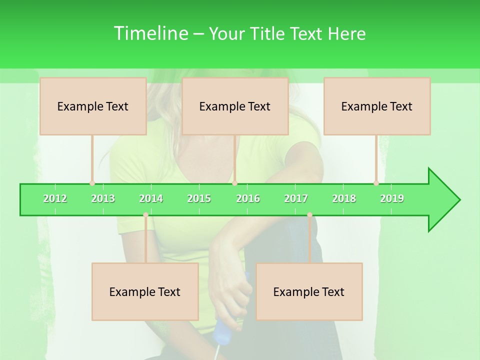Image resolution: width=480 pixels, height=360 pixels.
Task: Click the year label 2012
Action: pos(55,198)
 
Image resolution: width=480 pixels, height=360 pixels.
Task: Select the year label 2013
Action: pos(103,198)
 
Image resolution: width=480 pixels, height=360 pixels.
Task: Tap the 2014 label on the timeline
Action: pos(151,198)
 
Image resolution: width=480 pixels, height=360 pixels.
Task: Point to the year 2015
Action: pos(199,198)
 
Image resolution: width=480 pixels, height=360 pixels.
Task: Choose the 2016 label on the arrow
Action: pos(248,198)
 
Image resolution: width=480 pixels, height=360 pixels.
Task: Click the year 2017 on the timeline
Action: pos(296,198)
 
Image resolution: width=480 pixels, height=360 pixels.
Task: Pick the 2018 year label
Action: pos(344,198)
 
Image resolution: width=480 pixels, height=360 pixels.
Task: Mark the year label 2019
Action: pos(392,198)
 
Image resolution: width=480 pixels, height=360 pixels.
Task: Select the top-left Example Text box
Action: pos(93,106)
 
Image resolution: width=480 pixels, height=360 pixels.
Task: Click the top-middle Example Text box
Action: pos(235,106)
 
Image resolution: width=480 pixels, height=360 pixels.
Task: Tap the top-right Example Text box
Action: pos(377,106)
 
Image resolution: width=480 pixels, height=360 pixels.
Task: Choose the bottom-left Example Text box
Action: pos(145,291)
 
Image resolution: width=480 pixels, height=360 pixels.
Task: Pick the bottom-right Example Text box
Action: pos(309,291)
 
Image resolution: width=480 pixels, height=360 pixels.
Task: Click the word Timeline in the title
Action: pos(149,33)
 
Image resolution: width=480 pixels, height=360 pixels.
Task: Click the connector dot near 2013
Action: pos(92,183)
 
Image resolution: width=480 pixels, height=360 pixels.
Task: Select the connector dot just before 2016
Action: pos(235,183)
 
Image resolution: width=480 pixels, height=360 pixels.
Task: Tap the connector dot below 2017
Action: pos(309,215)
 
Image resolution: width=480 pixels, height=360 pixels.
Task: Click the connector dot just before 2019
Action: pos(376,183)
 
